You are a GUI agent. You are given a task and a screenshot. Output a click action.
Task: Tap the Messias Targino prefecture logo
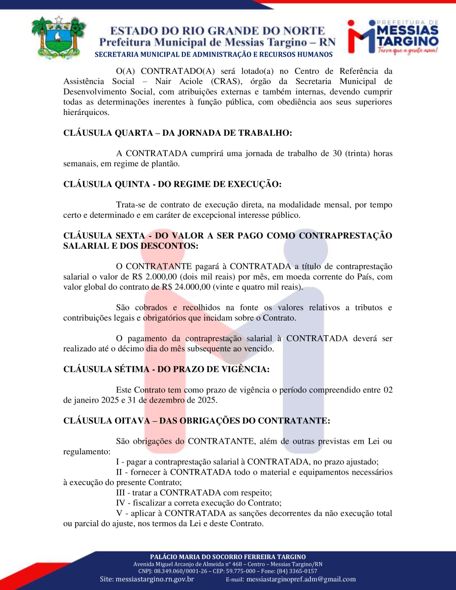pos(393,36)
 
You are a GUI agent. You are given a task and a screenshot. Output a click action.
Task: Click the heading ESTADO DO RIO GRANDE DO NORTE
pos(218,31)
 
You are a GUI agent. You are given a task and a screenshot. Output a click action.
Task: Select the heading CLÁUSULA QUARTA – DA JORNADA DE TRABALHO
pos(177,133)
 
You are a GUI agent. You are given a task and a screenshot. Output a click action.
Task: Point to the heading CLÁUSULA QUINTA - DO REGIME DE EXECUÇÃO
pos(172,184)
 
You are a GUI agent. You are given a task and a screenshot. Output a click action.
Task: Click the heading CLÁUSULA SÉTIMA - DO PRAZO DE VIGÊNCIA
pos(166,369)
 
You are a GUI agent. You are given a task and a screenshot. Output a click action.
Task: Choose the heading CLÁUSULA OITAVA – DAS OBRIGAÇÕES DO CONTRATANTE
pos(197,420)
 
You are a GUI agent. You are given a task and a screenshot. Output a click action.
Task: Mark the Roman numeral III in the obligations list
pos(122,493)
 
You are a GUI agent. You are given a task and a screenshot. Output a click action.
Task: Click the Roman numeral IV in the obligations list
pos(122,503)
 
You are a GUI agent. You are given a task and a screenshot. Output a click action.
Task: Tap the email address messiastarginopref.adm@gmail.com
pos(301,579)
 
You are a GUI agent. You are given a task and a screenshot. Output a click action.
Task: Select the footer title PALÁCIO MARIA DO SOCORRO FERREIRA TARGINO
pos(228,557)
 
